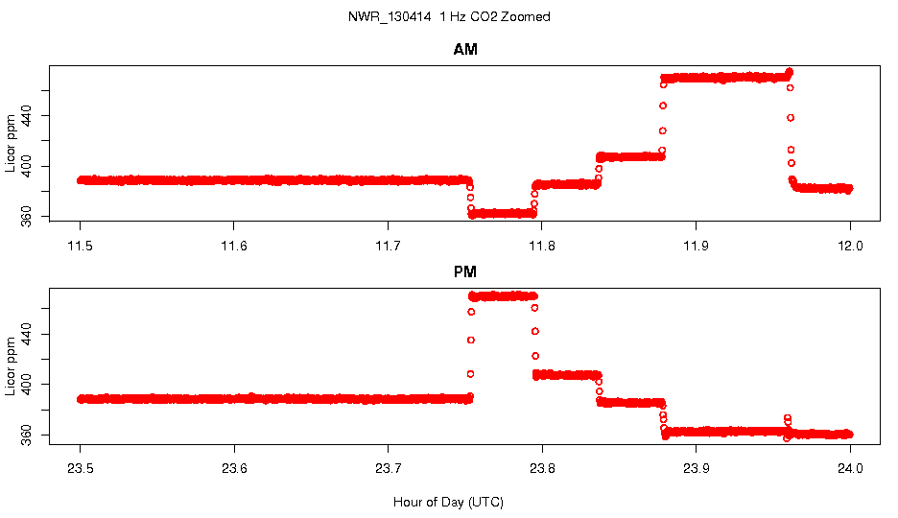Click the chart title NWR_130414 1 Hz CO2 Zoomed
pos(449,17)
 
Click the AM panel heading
pos(465,50)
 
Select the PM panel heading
pos(465,272)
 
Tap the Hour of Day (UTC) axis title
pos(448,502)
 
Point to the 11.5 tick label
pos(81,246)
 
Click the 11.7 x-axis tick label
pos(388,246)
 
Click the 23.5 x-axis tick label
pos(81,470)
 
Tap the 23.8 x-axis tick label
pos(542,470)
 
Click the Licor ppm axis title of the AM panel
pos(11,143)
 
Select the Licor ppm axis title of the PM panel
pos(11,365)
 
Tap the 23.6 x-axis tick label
pos(234,470)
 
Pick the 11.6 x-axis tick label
pos(234,246)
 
